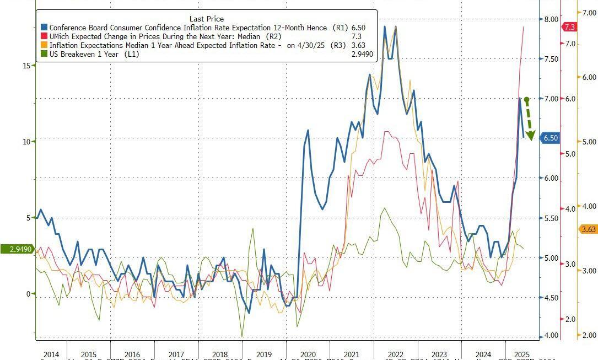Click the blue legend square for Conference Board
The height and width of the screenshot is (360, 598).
click(44, 28)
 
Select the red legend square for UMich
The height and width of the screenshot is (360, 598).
click(44, 36)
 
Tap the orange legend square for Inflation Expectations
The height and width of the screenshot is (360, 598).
click(44, 45)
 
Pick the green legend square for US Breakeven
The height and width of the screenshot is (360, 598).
click(44, 54)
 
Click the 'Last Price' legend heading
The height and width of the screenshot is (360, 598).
click(207, 19)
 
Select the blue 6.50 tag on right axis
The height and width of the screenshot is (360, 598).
click(551, 138)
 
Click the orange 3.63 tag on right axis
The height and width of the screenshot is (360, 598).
click(588, 229)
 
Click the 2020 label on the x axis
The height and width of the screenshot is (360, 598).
click(308, 354)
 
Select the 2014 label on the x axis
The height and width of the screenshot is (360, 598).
click(50, 354)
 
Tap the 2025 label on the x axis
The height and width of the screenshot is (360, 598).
click(521, 354)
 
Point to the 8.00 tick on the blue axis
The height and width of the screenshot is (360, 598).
click(551, 19)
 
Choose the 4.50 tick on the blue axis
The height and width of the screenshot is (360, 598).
click(551, 298)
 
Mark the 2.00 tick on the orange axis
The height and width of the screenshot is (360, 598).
click(589, 335)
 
